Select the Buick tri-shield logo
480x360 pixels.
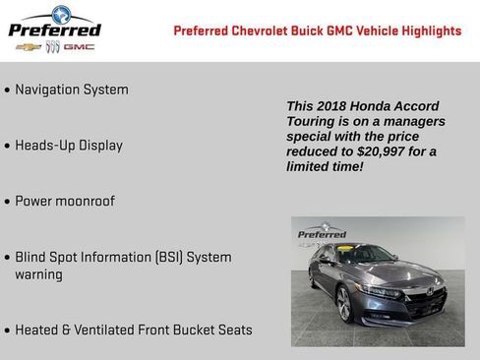tap(53, 46)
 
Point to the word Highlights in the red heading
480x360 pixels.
tap(426, 30)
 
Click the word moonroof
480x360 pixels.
tap(86, 202)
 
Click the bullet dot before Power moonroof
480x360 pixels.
tap(8, 203)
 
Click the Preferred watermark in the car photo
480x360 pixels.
tap(322, 235)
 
